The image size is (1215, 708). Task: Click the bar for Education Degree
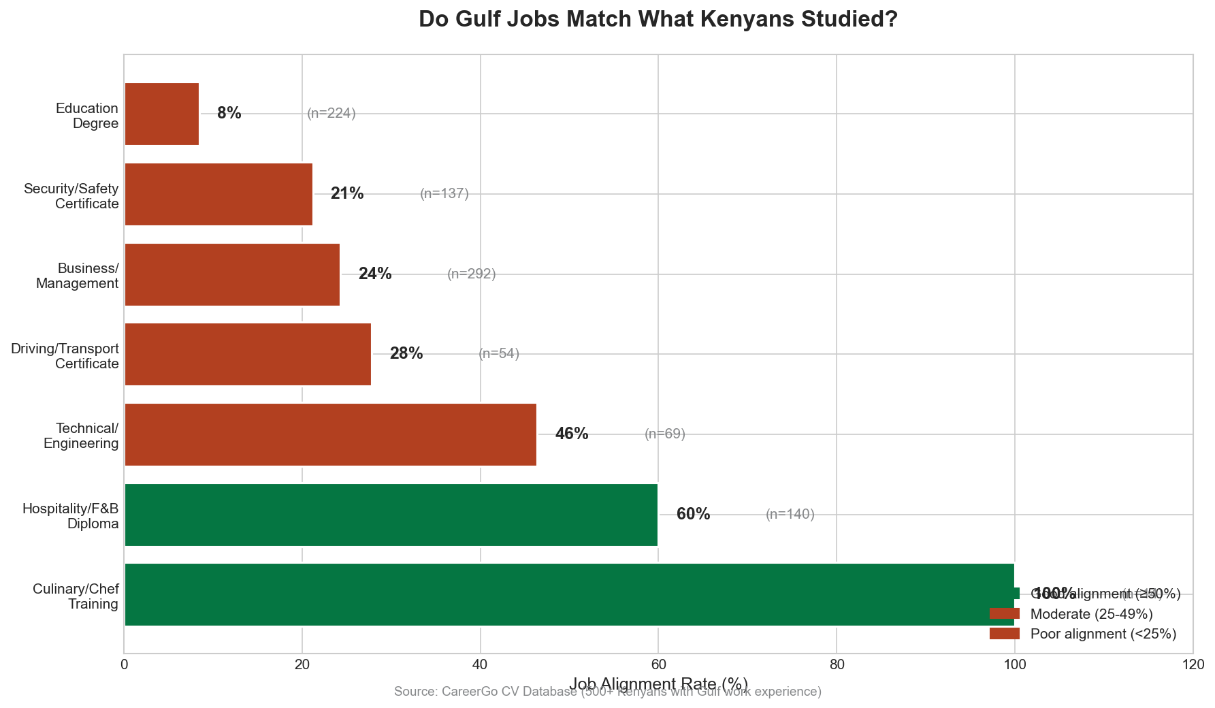pos(162,114)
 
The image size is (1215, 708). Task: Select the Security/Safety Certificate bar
pos(218,194)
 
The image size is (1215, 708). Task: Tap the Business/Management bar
pos(232,274)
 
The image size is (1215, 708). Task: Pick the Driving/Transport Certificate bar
pos(248,354)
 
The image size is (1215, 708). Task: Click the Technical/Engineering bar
pos(330,434)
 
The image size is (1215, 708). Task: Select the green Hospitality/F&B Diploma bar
pos(391,515)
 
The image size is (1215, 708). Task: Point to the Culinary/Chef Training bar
pos(569,594)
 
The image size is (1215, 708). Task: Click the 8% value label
pos(229,114)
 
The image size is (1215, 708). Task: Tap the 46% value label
pos(572,434)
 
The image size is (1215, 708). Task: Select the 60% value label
pos(693,515)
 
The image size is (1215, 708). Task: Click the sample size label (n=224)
pos(331,114)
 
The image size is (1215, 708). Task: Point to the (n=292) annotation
pos(472,274)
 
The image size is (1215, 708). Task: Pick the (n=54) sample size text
pos(499,354)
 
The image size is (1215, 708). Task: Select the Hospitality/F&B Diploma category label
pos(71,516)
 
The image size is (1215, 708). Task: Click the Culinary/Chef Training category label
pos(76,596)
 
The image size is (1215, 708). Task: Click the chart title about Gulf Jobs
pos(658,19)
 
